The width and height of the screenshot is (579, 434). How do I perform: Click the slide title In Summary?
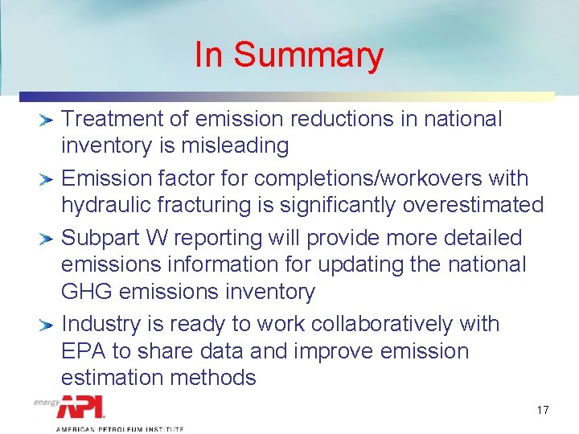coord(289,55)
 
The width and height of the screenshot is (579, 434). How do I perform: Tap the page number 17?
coord(543,411)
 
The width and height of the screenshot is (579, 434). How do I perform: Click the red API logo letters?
coord(80,408)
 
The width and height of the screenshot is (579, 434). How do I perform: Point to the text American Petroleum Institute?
coord(119,430)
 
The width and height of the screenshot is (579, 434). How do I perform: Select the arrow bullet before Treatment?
coord(46,121)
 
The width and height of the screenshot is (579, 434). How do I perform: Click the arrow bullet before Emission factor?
coord(46,179)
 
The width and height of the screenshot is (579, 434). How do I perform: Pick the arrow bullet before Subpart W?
coord(46,239)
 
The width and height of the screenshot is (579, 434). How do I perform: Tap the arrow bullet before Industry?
coord(46,325)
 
